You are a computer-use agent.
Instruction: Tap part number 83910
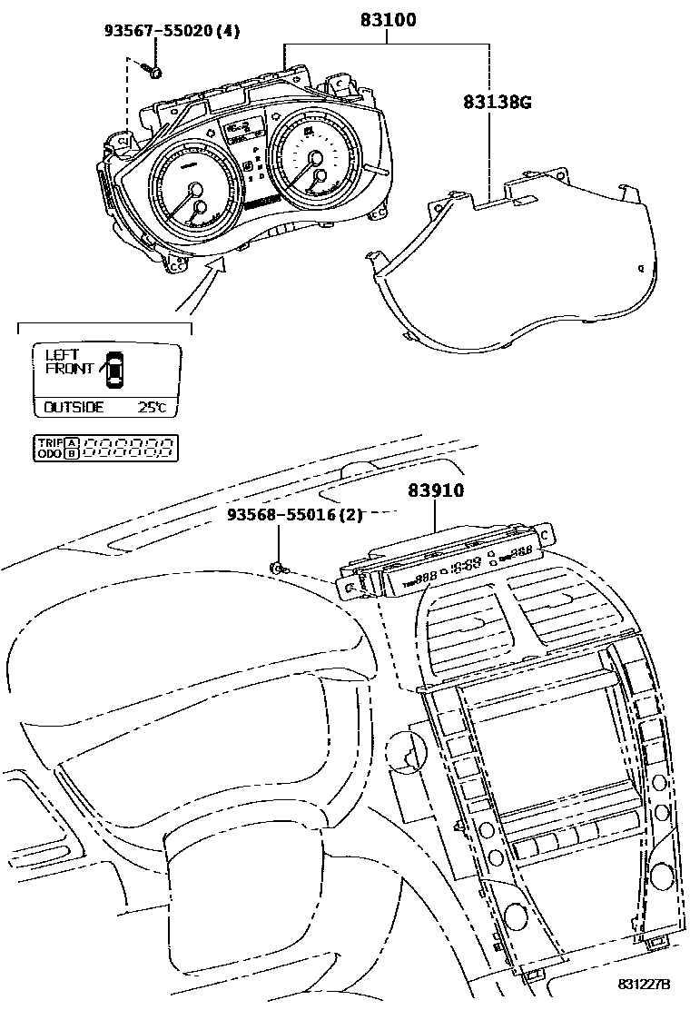pos(436,491)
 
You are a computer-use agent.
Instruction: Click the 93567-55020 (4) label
pos(171,32)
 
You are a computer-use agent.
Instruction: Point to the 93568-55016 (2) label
pos(294,516)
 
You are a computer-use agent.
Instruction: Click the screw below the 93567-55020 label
pos(155,72)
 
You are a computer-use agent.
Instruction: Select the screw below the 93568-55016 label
pos(279,569)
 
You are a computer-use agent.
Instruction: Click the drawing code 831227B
pos(644,985)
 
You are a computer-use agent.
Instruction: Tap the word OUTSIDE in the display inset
pos(74,408)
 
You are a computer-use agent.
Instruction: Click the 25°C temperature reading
pos(152,408)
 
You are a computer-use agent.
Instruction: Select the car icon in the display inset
pos(115,368)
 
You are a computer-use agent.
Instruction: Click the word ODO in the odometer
pos(48,452)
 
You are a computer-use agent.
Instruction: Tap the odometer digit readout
pos(127,447)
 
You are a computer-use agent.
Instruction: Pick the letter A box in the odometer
pos(71,441)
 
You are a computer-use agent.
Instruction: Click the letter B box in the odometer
pos(71,452)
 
